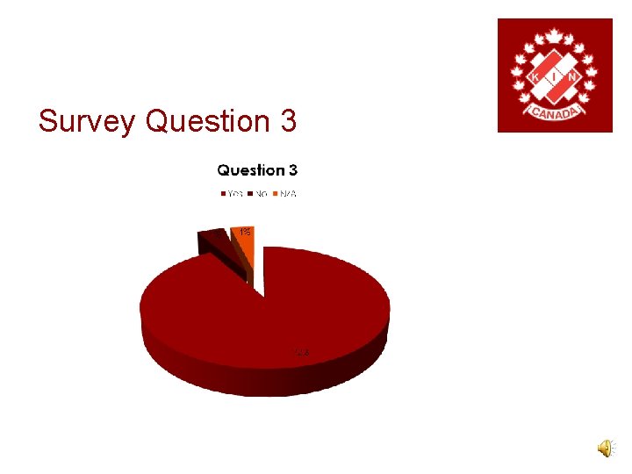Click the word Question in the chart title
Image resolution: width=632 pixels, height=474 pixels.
pyautogui.click(x=250, y=169)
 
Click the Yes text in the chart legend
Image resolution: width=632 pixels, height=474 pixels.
pyautogui.click(x=234, y=193)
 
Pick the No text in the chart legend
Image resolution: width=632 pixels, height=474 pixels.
pyautogui.click(x=262, y=193)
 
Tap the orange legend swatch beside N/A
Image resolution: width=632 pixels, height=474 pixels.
pyautogui.click(x=275, y=193)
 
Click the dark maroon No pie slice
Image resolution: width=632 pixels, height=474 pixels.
pyautogui.click(x=218, y=241)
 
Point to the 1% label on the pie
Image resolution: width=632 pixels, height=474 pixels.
pyautogui.click(x=244, y=232)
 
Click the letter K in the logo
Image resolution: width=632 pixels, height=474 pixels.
pyautogui.click(x=535, y=77)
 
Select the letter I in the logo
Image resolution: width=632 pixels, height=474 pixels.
pyautogui.click(x=555, y=77)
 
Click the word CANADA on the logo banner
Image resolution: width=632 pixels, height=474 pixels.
pyautogui.click(x=555, y=112)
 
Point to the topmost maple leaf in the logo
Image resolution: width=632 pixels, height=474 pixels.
pyautogui.click(x=555, y=36)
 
